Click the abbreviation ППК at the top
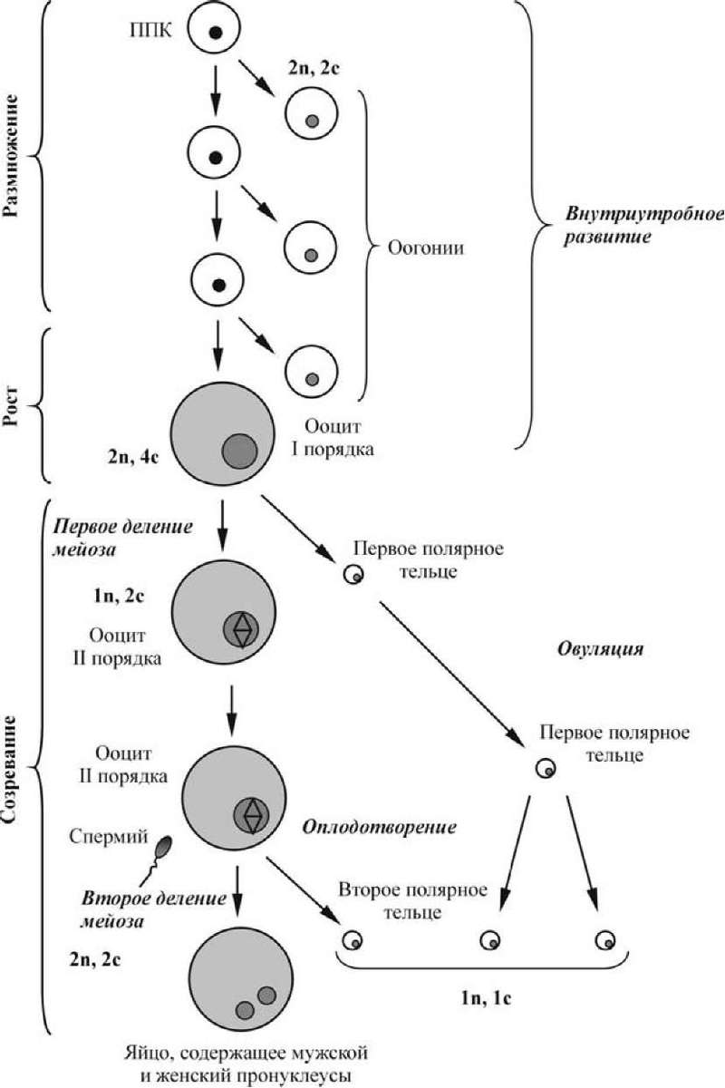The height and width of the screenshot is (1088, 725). [150, 31]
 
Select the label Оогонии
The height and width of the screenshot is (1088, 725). [425, 248]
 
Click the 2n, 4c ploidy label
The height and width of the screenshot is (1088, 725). [133, 457]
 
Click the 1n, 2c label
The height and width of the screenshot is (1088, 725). [120, 596]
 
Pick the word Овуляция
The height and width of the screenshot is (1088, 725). [600, 650]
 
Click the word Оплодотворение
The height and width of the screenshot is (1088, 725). [379, 827]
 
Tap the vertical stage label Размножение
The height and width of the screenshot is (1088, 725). [11, 155]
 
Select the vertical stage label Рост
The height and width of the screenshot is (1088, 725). [11, 406]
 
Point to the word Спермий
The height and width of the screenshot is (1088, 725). [108, 836]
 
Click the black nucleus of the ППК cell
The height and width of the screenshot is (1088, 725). [215, 33]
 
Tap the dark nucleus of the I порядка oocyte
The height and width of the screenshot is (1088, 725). [239, 452]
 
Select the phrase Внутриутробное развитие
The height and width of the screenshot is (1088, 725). [644, 226]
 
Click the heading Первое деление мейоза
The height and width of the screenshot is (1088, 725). [122, 539]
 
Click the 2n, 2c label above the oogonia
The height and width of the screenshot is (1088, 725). [314, 68]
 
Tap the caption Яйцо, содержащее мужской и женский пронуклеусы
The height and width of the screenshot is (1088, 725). [245, 1062]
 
